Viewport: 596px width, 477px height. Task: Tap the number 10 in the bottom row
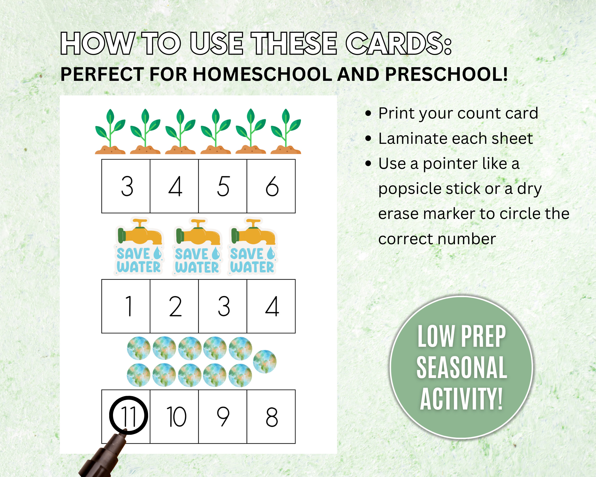pos(176,416)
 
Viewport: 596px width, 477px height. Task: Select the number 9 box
pos(223,416)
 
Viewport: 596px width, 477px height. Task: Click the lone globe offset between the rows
pos(265,361)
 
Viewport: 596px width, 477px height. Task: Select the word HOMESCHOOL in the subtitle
pos(262,74)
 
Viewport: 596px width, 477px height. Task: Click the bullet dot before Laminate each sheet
pos(368,138)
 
